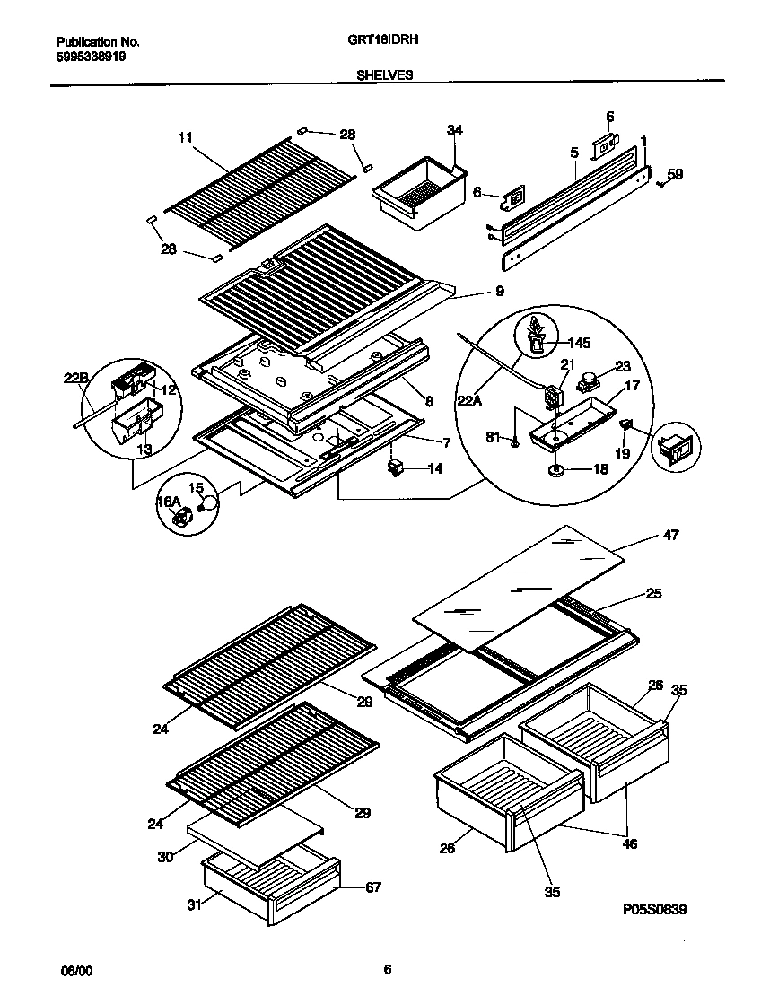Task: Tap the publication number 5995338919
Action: [x=91, y=56]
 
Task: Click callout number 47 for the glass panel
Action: [x=670, y=536]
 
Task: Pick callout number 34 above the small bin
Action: [x=455, y=131]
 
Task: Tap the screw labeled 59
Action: [x=660, y=182]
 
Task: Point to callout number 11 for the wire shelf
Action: [x=185, y=137]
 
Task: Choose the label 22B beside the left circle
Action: [x=76, y=379]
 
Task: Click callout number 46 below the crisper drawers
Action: [x=630, y=843]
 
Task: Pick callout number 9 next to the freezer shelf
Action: [x=499, y=291]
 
